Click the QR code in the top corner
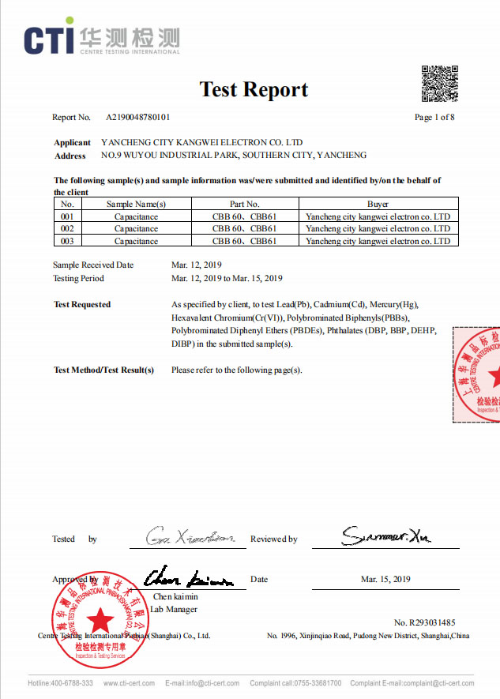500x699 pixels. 440,84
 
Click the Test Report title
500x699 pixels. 254,89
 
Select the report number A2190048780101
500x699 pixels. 137,118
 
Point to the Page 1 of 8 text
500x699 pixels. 434,118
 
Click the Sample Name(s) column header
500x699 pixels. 136,204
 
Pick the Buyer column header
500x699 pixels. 378,204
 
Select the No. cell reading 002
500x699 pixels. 67,228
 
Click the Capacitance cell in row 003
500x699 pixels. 136,241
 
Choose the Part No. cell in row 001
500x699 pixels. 244,216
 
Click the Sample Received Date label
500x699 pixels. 93,265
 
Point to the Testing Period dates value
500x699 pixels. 227,278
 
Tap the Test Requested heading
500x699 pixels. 82,304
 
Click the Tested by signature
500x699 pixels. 190,538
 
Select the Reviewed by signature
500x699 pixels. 385,537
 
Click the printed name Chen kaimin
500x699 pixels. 174,596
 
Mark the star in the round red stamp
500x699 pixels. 100,620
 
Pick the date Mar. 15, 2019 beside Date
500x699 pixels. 385,580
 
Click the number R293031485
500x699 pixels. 424,623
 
